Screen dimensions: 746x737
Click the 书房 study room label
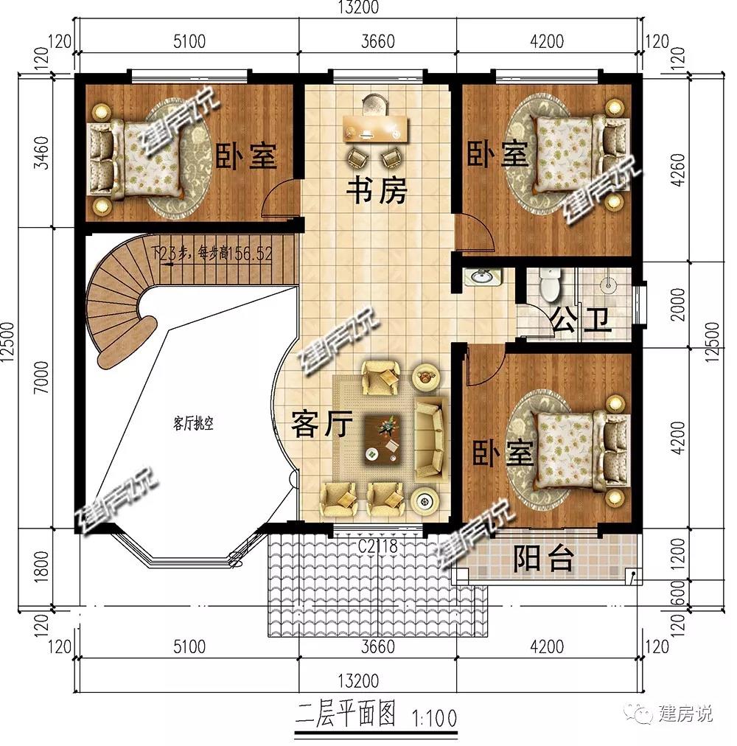click(x=377, y=193)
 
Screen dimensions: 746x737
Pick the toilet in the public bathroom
click(x=549, y=285)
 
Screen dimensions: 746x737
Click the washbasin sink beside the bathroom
click(x=483, y=278)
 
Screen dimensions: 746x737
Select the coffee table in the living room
click(x=386, y=436)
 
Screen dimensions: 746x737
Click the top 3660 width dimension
click(x=377, y=40)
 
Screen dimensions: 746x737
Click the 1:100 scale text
click(x=436, y=715)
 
